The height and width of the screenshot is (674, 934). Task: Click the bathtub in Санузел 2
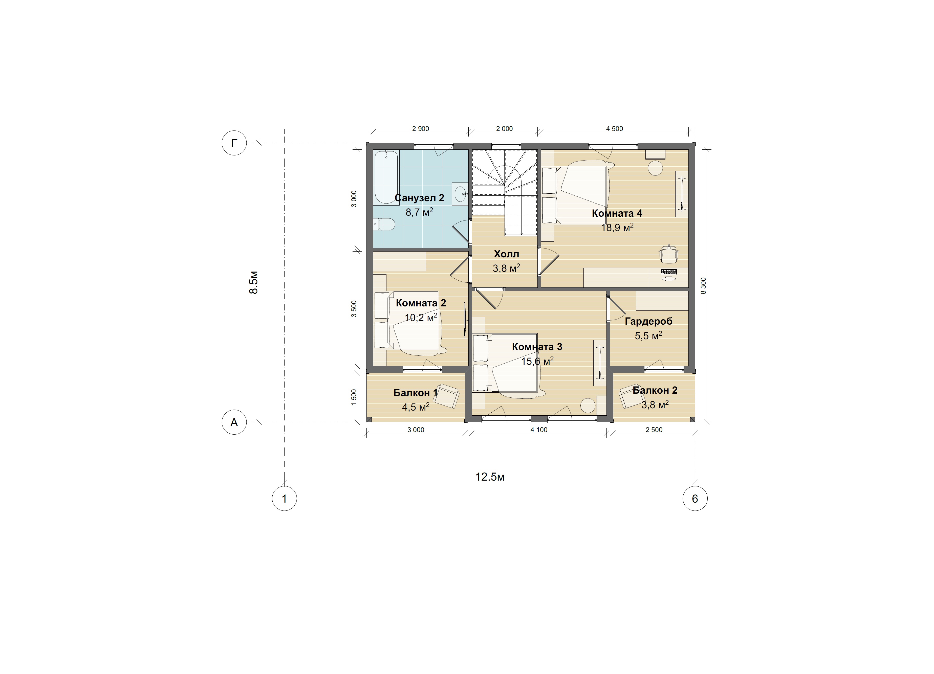point(386,177)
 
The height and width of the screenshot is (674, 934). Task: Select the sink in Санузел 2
point(460,193)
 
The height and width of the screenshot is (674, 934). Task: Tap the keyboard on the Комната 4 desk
point(669,272)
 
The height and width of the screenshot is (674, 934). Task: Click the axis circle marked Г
point(234,143)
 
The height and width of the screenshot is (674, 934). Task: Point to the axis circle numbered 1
point(284,499)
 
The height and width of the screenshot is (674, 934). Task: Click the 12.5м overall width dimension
point(490,477)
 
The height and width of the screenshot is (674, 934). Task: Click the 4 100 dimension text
point(539,430)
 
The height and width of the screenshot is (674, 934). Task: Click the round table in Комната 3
point(588,406)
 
